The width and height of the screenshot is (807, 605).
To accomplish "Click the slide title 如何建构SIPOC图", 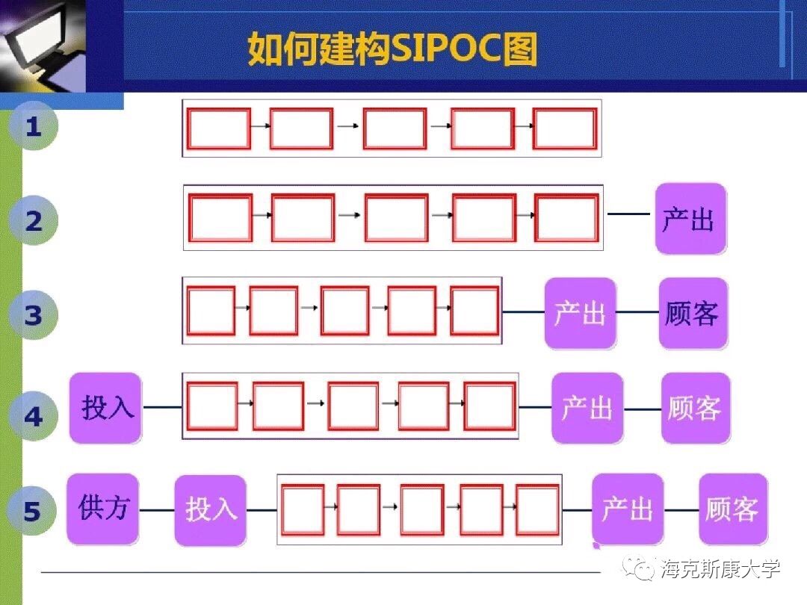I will pos(392,49).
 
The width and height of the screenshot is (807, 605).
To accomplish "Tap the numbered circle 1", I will pos(33,127).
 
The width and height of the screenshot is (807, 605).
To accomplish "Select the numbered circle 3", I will pos(33,315).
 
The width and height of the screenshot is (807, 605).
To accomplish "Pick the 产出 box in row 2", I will pos(690,219).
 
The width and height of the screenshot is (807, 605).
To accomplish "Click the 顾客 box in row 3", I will pos(692,313).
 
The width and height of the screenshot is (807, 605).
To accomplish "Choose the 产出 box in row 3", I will pos(580,313).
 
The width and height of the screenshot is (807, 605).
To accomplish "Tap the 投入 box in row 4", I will pos(105,408).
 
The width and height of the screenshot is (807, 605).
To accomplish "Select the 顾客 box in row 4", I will pos(695,408).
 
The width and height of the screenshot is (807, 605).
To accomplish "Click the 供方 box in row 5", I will pos(103,509).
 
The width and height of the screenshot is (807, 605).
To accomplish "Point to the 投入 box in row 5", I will pos(210,510).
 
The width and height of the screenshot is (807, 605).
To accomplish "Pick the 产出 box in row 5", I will pos(628,509).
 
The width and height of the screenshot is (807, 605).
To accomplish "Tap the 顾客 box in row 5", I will pos(733,509).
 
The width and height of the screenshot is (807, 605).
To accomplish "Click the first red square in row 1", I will pos(218,128).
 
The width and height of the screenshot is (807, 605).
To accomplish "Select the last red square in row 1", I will pos(565,128).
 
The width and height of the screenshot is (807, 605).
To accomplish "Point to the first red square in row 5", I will pos(303,509).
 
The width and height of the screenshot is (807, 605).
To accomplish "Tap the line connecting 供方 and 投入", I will pos(157,510).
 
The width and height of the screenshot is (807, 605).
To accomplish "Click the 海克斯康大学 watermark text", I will pos(720,569).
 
